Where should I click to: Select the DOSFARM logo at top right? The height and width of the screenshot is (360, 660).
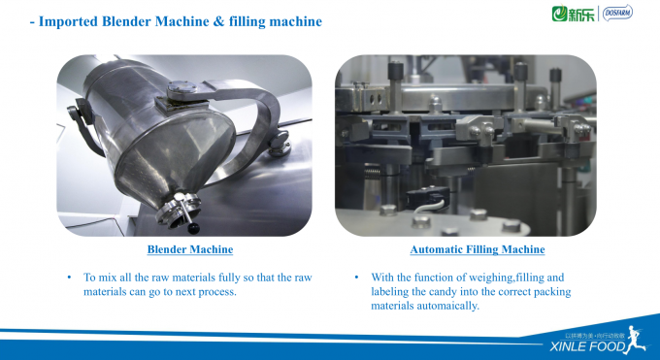click(617, 14)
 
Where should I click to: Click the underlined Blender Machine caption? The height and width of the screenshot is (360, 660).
click(183, 249)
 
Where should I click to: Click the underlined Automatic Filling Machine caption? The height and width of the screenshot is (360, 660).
click(464, 249)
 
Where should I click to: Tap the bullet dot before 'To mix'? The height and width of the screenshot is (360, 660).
click(69, 277)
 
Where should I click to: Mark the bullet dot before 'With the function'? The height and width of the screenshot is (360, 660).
click(356, 277)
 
